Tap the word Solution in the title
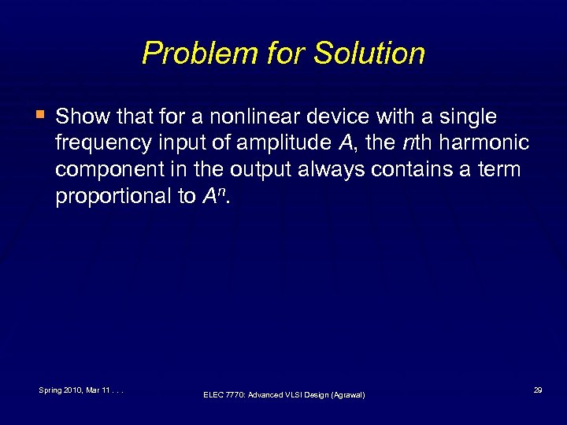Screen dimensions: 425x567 click(369, 54)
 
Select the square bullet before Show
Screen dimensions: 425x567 click(40, 116)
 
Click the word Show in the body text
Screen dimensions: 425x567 click(82, 117)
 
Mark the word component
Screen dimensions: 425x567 click(107, 170)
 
